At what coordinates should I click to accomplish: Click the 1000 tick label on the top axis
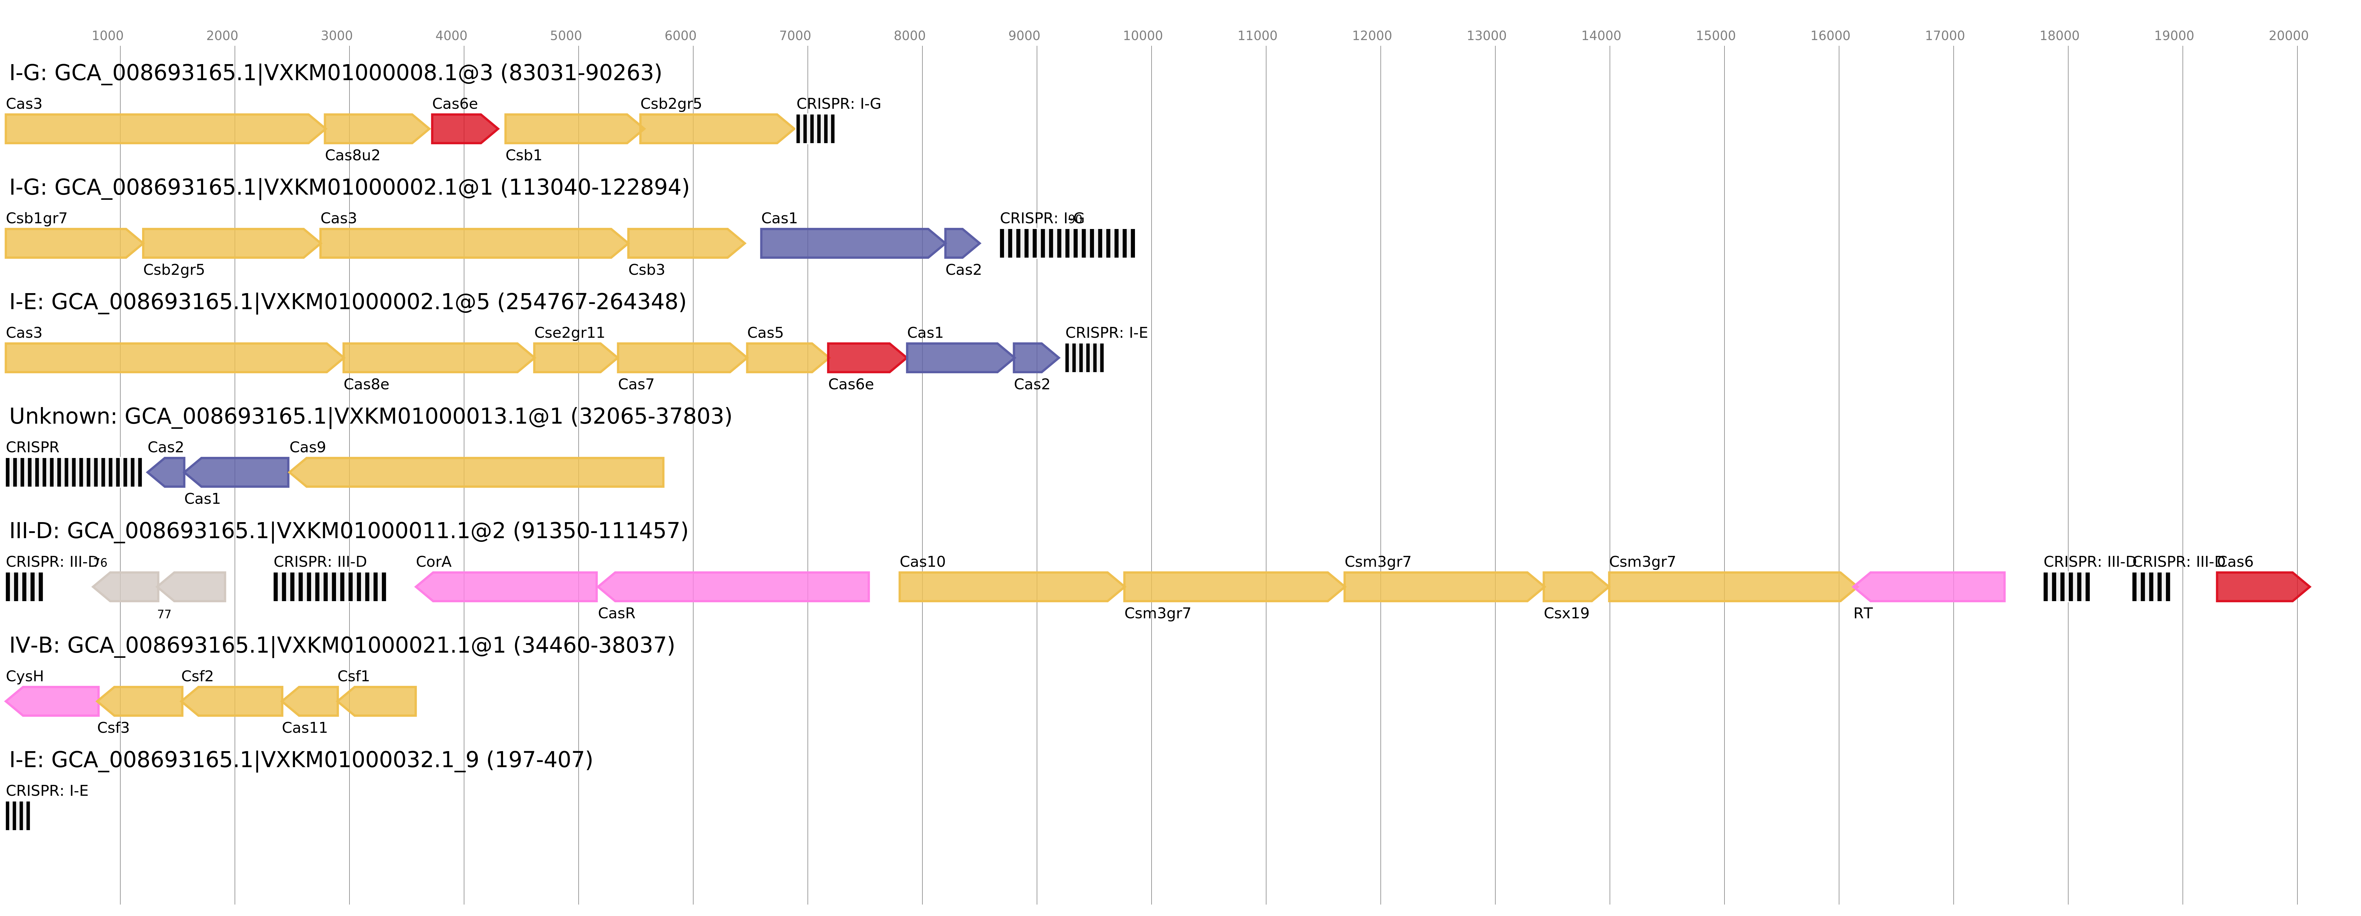[107, 36]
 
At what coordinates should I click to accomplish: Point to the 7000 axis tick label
[795, 36]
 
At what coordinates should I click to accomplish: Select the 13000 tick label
[1486, 36]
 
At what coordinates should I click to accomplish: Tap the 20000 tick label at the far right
[2288, 36]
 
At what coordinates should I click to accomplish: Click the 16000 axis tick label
[1829, 36]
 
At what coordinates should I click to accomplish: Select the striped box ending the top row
[815, 129]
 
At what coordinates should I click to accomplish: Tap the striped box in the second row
[1067, 244]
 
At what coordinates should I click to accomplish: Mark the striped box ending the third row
[1084, 358]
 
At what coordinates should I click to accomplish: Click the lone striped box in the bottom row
[17, 816]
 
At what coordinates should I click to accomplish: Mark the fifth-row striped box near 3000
[330, 587]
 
